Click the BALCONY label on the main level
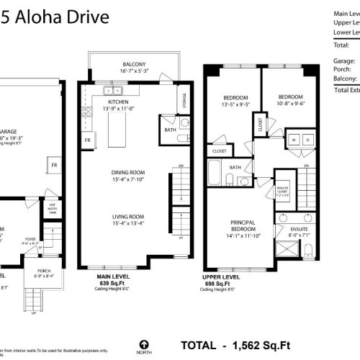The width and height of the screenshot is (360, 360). pos(133,63)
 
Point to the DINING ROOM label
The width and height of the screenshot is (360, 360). pos(128,171)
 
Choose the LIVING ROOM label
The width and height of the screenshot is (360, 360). pos(128,216)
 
